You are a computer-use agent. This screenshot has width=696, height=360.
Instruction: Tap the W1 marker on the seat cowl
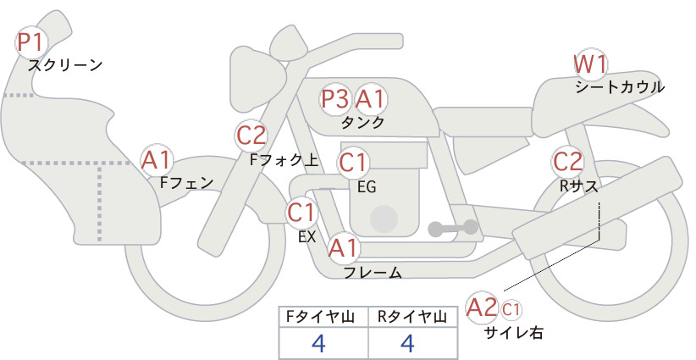[590, 65]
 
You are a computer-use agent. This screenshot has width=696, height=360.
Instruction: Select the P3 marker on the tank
[334, 98]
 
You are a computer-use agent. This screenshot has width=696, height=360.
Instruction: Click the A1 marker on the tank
[370, 98]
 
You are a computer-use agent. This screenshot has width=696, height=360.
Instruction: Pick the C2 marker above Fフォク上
[251, 136]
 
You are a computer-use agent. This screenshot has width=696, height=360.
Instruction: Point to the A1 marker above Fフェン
[156, 160]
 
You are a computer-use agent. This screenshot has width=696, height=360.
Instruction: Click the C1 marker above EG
[353, 163]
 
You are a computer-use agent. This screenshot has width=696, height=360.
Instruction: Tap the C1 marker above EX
[301, 212]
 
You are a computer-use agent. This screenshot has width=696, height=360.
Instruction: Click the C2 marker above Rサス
[567, 162]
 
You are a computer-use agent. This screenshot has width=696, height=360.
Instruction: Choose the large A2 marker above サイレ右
[482, 307]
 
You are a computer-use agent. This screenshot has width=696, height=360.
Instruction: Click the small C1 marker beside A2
[511, 309]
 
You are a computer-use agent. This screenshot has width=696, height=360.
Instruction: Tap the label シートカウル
[620, 87]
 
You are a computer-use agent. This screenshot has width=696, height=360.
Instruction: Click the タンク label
[362, 122]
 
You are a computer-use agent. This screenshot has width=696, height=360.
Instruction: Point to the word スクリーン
[65, 65]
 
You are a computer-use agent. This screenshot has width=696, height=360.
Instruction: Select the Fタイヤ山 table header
[320, 317]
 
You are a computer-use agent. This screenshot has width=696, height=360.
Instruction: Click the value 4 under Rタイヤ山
[407, 343]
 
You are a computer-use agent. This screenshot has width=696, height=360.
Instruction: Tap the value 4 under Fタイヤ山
[318, 343]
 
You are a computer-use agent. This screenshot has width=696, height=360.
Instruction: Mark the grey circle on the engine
[384, 219]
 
